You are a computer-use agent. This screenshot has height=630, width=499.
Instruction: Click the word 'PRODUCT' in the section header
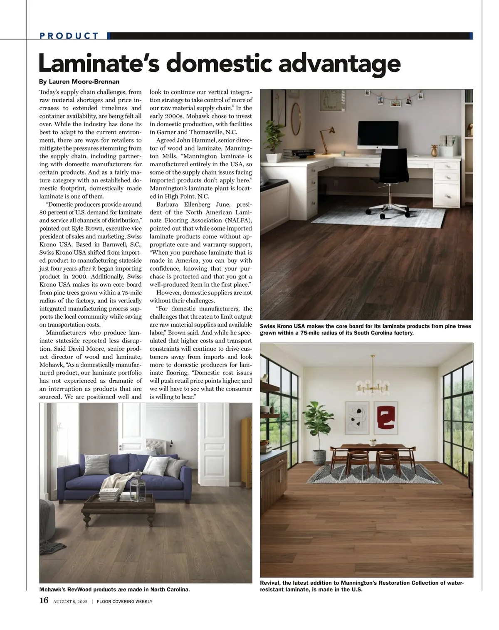(69, 36)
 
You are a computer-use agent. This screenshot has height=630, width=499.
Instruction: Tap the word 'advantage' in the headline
(336, 63)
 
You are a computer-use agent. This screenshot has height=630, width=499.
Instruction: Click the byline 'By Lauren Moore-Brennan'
(79, 82)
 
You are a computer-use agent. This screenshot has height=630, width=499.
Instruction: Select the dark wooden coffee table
(119, 505)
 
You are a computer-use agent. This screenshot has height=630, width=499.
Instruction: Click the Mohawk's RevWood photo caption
(115, 589)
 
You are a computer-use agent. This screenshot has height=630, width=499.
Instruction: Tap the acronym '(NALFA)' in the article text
(235, 220)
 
